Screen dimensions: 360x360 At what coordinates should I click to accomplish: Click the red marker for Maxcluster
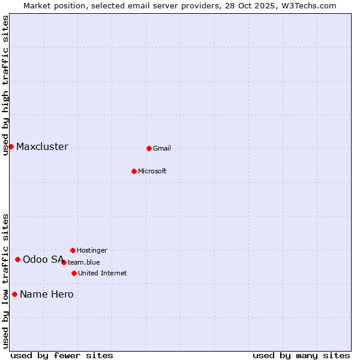click(11, 146)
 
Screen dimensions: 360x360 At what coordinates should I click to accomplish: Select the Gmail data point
click(149, 148)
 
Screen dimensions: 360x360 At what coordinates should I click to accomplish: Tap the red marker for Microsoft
click(134, 171)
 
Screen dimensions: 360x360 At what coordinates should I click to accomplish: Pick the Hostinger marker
click(73, 250)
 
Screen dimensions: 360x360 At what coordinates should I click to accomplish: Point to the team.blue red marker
click(64, 262)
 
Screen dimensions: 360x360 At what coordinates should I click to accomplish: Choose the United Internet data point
click(74, 273)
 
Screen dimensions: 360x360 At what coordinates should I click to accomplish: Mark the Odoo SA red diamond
click(18, 259)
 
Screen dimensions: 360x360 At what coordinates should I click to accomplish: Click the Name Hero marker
click(14, 294)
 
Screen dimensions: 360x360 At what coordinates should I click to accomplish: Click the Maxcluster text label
click(42, 147)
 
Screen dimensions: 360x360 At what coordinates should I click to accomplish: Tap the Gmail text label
click(162, 149)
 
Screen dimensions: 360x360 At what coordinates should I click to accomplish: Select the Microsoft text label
click(152, 172)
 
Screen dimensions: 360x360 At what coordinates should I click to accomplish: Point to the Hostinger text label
click(92, 250)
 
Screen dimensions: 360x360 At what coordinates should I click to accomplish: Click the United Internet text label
click(103, 274)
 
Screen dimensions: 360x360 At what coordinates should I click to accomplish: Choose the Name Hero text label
click(47, 295)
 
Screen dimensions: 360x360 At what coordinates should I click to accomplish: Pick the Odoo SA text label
click(43, 260)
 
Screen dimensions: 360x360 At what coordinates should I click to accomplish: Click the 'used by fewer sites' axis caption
click(62, 356)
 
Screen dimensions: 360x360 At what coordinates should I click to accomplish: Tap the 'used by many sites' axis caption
click(301, 356)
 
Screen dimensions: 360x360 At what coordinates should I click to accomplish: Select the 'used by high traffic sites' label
click(6, 85)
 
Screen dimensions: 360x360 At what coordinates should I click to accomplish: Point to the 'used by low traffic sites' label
click(6, 281)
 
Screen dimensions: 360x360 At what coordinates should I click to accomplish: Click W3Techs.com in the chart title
click(307, 5)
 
